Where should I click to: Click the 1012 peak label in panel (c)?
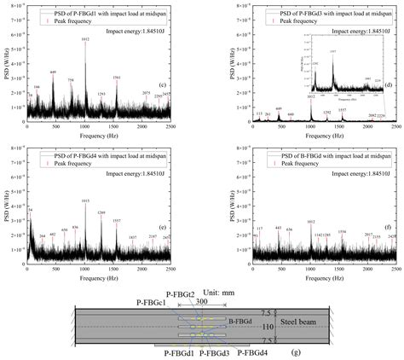84,38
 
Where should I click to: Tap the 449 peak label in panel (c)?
53,73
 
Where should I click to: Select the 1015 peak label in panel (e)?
84,200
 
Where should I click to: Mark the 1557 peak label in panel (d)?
342,110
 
